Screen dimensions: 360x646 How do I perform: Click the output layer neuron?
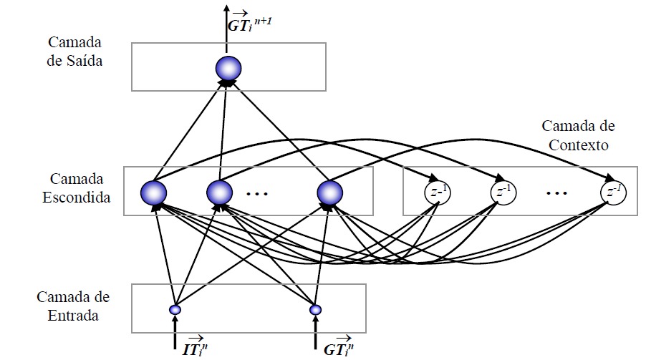tap(229, 68)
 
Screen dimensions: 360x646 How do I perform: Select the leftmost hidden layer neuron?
tap(154, 192)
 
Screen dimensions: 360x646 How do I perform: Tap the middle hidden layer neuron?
tap(220, 192)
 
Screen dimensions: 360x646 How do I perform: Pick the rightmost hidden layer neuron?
tap(330, 192)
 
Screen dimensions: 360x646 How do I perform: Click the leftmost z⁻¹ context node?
tap(437, 192)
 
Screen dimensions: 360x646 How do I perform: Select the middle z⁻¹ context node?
tap(503, 192)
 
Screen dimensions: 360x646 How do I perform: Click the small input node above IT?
tap(174, 310)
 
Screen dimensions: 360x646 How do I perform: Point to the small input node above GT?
tap(315, 310)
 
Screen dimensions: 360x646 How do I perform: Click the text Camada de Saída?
tap(76, 52)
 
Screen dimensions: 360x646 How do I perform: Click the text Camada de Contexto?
tap(577, 135)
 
